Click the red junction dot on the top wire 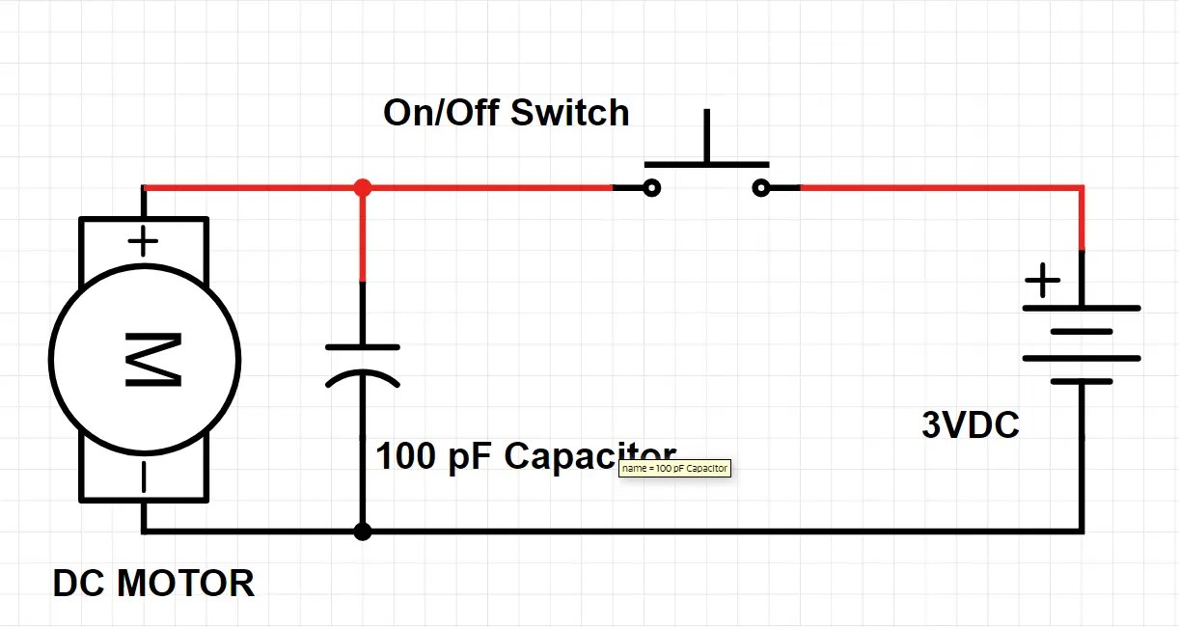363,187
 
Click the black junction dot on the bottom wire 363,532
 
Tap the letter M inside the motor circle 152,360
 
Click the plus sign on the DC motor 143,241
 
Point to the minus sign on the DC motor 143,477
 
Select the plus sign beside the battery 1042,283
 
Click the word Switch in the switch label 569,113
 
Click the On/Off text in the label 441,113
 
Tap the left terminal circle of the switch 652,188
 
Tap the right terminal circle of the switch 761,188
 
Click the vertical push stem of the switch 707,135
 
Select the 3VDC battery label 970,425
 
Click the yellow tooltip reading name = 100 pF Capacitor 674,468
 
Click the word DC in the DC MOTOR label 79,584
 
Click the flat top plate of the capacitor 363,347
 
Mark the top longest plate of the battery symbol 1082,309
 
